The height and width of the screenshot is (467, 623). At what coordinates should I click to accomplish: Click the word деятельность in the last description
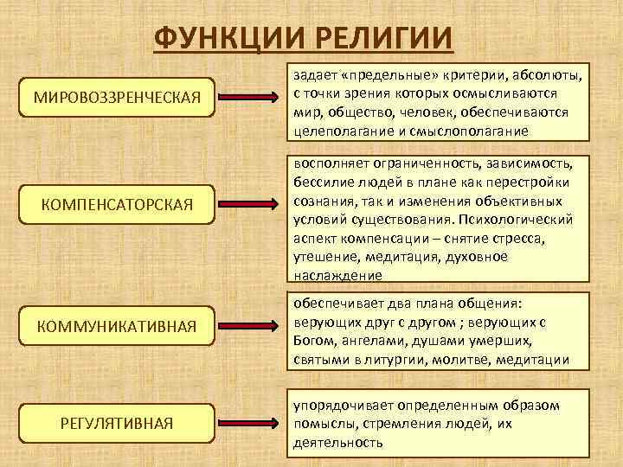pos(337,442)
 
